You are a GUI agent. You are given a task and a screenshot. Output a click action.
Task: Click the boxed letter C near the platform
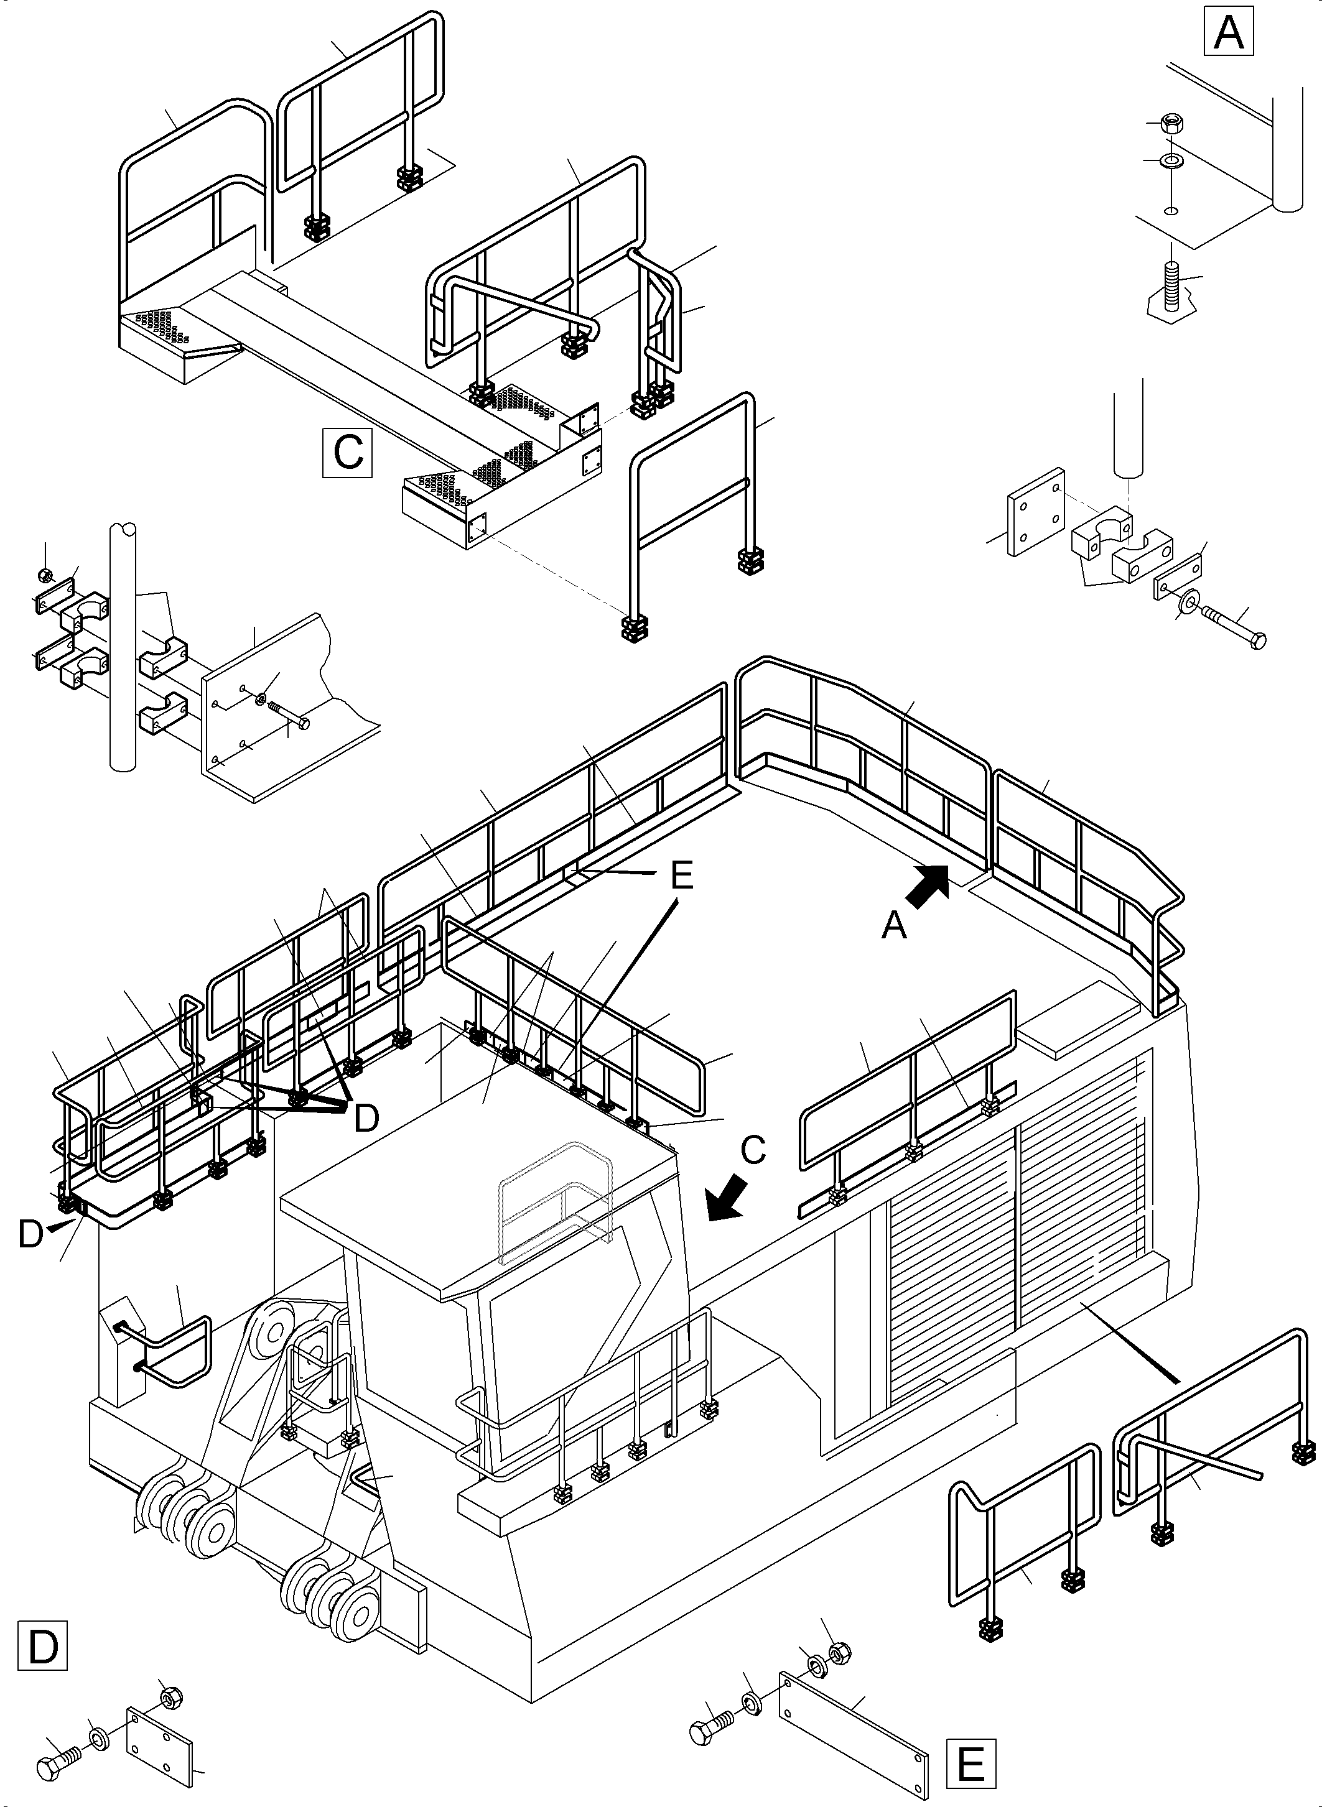pyautogui.click(x=347, y=453)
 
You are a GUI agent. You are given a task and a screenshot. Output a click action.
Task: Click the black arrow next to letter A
pyautogui.click(x=927, y=886)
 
